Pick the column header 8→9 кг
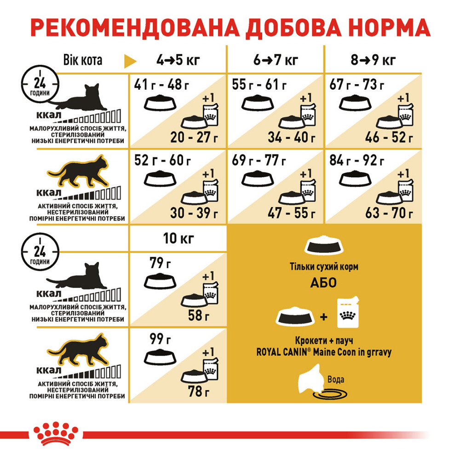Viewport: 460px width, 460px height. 373,60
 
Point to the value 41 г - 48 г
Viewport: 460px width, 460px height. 162,85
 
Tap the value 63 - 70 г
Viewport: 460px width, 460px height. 390,213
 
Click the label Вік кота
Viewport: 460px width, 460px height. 82,60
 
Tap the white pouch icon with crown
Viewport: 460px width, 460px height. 351,314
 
